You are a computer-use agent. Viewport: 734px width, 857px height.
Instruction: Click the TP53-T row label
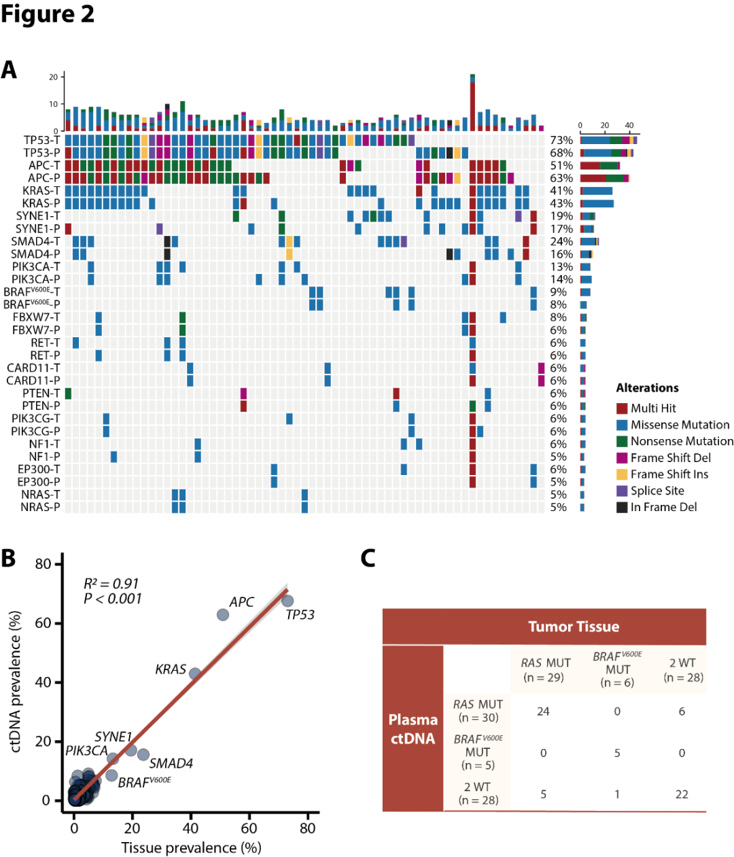(x=41, y=140)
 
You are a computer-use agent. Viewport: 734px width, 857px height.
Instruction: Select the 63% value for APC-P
(x=561, y=178)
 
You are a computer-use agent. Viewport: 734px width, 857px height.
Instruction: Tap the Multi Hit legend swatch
(x=622, y=408)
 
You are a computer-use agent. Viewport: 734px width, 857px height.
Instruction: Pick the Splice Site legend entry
(x=657, y=491)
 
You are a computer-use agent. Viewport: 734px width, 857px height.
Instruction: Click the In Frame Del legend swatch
(x=622, y=507)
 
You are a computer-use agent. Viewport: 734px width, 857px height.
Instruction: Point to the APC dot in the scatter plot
(x=222, y=614)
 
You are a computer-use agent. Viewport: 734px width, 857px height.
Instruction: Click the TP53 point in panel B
(x=287, y=601)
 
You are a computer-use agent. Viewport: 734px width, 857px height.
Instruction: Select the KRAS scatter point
(x=195, y=674)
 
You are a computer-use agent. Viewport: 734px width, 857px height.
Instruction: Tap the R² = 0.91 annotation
(x=111, y=584)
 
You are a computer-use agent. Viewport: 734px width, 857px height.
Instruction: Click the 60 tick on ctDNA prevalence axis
(x=43, y=623)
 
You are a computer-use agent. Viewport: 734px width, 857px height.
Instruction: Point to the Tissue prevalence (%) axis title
(x=191, y=847)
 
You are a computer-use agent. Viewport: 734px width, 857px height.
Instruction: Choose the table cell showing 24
(x=543, y=712)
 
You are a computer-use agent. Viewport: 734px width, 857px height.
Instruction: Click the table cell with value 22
(x=682, y=794)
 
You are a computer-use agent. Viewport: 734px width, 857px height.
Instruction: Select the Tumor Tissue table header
(x=574, y=627)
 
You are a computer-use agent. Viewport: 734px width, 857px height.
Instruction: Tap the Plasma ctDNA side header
(x=413, y=729)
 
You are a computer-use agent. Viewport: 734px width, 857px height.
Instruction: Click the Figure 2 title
(x=48, y=14)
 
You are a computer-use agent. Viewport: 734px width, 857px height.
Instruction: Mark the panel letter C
(x=368, y=558)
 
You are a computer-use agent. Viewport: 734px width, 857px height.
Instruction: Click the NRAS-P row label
(x=40, y=507)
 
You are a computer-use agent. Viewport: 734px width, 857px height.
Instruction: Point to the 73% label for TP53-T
(x=561, y=140)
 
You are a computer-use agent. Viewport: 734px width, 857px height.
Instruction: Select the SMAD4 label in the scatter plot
(x=171, y=764)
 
